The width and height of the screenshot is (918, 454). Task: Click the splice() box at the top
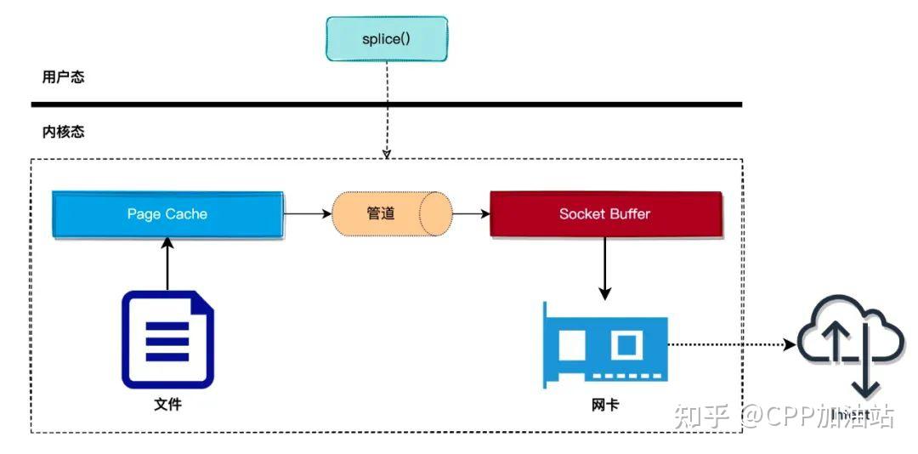coord(387,38)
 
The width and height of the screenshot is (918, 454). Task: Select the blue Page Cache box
coord(167,213)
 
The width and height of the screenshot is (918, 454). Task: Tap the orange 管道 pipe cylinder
coord(391,213)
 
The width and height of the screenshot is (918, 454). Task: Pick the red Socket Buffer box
coord(605,213)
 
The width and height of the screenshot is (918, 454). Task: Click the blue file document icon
coord(167,339)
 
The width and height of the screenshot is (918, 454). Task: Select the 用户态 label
coord(64,77)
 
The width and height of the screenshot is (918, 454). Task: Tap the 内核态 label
coord(64,133)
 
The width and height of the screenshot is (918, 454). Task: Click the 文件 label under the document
coord(167,405)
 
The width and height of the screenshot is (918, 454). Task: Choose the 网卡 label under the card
coord(605,405)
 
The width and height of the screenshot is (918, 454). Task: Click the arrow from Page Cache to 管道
coord(307,213)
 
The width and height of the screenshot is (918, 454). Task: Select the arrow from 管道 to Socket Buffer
coord(472,213)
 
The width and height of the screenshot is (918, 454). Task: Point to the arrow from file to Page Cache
coord(167,264)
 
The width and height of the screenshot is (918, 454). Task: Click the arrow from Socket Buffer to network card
coord(605,268)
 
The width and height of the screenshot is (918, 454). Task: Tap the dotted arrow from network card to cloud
coord(731,345)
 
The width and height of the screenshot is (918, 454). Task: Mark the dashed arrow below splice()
coord(387,111)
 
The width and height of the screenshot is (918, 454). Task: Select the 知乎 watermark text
coord(701,417)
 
